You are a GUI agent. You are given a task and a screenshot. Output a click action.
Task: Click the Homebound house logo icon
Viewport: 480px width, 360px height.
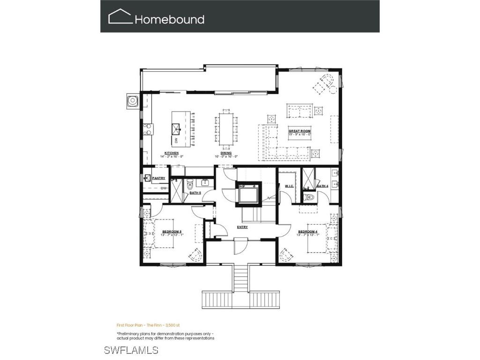point(120,17)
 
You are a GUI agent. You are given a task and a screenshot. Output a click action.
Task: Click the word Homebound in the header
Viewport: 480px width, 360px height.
point(170,20)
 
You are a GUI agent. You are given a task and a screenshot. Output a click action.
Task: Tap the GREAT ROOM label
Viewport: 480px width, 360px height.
point(300,131)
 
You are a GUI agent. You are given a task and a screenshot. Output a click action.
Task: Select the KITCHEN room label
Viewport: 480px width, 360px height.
point(171,153)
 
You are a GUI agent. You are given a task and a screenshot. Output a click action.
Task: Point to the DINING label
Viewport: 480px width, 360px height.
point(226,153)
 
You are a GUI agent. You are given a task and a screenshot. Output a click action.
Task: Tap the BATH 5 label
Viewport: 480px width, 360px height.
point(195,193)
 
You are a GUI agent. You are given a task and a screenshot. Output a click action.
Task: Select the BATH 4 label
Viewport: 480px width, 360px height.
point(322,186)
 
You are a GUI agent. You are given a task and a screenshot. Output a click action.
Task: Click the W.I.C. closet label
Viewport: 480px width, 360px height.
point(289,186)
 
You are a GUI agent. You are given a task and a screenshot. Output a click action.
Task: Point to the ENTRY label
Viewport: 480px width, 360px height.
point(242,227)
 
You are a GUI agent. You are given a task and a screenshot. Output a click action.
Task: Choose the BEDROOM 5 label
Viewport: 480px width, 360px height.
point(172,232)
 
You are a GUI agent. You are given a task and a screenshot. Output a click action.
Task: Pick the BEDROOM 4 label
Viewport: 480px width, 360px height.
point(307,232)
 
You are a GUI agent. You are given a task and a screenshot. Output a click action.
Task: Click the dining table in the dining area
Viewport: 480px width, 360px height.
point(226,127)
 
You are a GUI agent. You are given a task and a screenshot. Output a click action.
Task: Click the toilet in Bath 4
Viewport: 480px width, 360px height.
point(308,196)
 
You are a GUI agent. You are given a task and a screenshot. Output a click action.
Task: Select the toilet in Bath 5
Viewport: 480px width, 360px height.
point(190,183)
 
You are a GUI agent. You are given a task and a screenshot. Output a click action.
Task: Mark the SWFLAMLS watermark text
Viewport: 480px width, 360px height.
point(131,350)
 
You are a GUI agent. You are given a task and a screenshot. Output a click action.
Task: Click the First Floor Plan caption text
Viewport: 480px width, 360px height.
point(145,324)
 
